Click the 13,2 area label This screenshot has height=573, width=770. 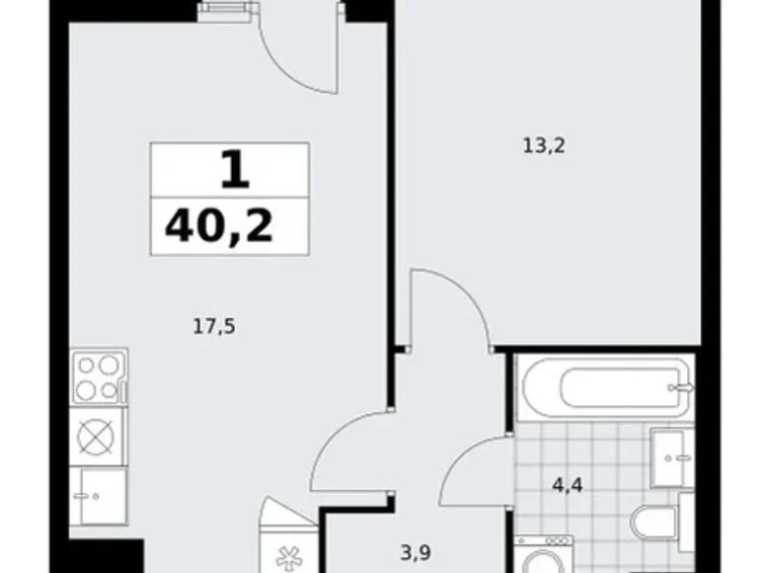coord(544,146)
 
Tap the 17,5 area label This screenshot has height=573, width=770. coord(214,326)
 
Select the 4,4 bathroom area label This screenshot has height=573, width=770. coord(568,485)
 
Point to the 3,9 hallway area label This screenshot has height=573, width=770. coord(416,553)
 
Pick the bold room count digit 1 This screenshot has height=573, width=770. coord(235,170)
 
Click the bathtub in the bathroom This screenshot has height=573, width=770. coord(605,387)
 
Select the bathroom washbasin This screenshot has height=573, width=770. coord(671,458)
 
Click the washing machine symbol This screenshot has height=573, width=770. coord(544,554)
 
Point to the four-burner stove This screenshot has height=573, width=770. coord(99,377)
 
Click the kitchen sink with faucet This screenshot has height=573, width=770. coord(98,496)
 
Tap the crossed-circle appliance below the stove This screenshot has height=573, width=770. coord(97,437)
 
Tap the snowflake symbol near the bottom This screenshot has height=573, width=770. coord(288,558)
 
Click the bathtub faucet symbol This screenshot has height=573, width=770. coord(682,387)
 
